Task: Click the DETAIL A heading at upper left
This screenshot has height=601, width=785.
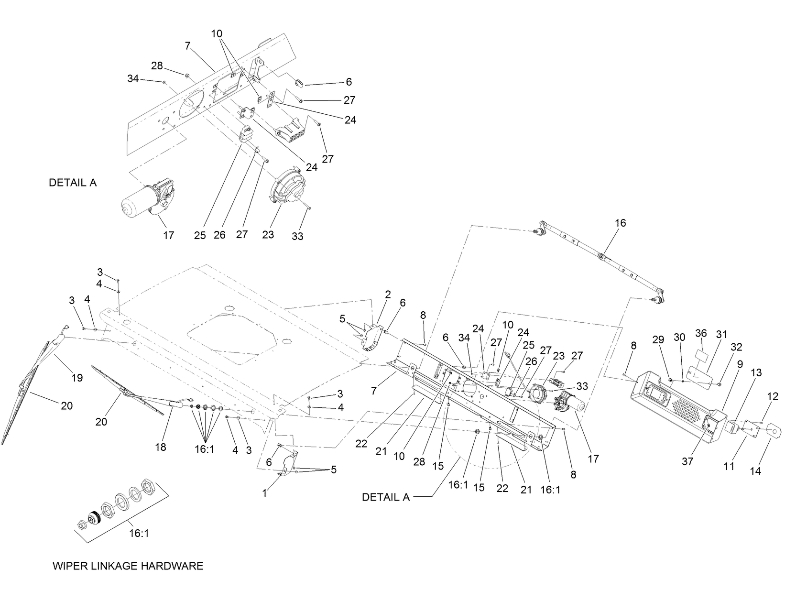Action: (x=73, y=183)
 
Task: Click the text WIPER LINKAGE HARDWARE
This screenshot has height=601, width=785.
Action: (x=128, y=566)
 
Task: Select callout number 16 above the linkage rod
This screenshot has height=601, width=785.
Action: (x=620, y=223)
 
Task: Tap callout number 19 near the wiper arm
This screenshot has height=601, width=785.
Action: (x=77, y=378)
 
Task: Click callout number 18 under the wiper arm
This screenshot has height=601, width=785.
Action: (x=161, y=447)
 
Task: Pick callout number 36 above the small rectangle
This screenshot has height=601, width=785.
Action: (x=701, y=333)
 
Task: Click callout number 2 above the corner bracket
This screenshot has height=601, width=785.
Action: (x=388, y=295)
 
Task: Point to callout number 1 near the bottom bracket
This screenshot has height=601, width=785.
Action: (x=265, y=493)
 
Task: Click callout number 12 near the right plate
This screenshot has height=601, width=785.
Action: (x=773, y=396)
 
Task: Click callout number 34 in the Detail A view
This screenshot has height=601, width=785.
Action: (x=133, y=78)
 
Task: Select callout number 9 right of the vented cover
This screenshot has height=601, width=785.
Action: (x=740, y=364)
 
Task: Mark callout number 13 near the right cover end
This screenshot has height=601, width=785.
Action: (x=755, y=372)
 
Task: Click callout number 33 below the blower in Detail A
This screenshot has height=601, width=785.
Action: (x=297, y=236)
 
